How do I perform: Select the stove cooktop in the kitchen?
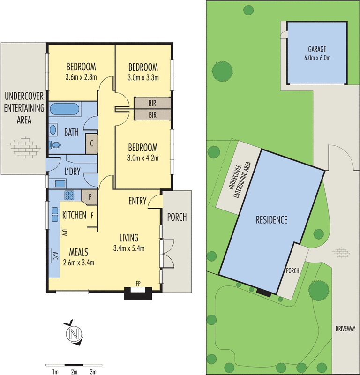(69, 195)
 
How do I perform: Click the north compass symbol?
(73, 334)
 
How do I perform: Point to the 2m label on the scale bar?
(74, 372)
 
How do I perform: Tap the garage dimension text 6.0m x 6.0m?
(317, 58)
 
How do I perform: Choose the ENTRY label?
(138, 201)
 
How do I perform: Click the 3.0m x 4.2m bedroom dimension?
(143, 158)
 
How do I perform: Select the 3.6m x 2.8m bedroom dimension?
(81, 77)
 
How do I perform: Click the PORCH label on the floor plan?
(177, 217)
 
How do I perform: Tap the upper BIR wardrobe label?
(152, 103)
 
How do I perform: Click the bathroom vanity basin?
(53, 130)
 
